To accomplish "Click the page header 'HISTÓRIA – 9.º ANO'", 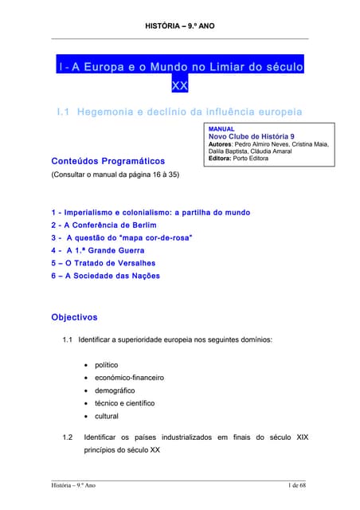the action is pyautogui.click(x=179, y=26).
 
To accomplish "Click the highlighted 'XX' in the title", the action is pyautogui.click(x=179, y=85).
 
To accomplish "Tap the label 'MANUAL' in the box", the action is pyautogui.click(x=221, y=128).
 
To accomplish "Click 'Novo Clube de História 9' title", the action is pyautogui.click(x=251, y=136).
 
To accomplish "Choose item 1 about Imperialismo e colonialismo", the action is pyautogui.click(x=150, y=213).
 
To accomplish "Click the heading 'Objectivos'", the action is pyautogui.click(x=74, y=317).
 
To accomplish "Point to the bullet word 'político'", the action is pyautogui.click(x=107, y=365).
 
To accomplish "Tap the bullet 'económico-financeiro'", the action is pyautogui.click(x=129, y=378).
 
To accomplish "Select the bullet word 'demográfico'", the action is pyautogui.click(x=115, y=390).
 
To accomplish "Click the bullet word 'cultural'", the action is pyautogui.click(x=107, y=416).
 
